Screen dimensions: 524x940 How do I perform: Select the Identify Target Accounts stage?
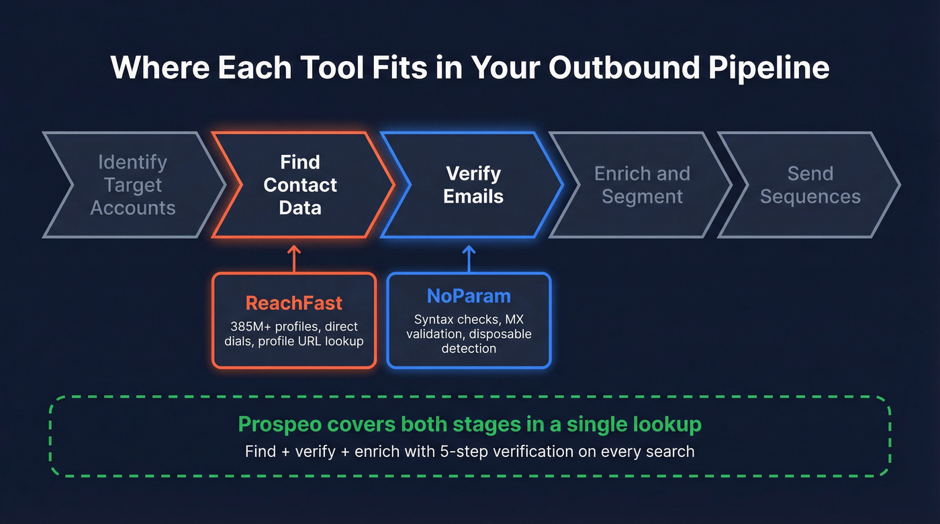[133, 185]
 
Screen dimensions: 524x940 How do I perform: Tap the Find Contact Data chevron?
[300, 185]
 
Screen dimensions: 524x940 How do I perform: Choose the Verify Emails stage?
[474, 185]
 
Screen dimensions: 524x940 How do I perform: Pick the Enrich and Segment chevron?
[642, 185]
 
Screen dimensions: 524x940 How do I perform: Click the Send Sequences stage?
[810, 185]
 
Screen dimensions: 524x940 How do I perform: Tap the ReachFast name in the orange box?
[294, 303]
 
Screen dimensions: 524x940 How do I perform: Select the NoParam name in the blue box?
[469, 296]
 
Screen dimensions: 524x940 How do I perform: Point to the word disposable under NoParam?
[500, 334]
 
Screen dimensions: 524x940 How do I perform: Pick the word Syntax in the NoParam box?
[433, 319]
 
